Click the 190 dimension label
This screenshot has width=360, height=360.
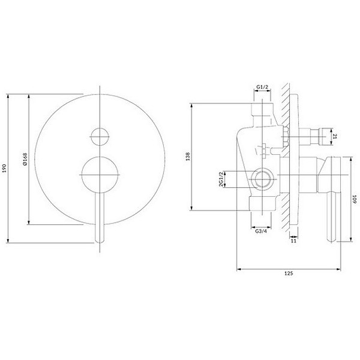point(4,168)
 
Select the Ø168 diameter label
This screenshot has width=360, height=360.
point(25,159)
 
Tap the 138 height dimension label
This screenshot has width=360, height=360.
point(188,156)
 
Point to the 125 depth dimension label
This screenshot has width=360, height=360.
point(288,273)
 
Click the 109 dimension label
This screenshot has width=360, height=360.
point(355,199)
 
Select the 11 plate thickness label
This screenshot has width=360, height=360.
point(293,241)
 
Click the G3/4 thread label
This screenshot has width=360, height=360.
point(261,231)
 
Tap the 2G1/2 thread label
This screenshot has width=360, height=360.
point(221,179)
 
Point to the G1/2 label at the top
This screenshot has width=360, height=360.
point(262,87)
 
